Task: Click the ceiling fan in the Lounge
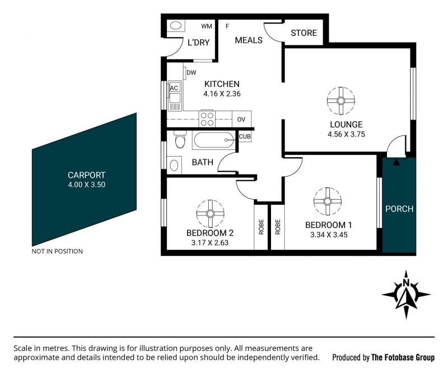click(341, 101)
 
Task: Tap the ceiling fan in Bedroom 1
click(328, 201)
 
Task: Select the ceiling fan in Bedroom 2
click(211, 214)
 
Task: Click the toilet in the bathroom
click(180, 139)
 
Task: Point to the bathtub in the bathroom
click(214, 140)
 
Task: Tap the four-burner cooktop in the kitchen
click(207, 118)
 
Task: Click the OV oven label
click(241, 120)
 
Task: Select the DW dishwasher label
click(192, 73)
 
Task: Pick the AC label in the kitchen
click(174, 88)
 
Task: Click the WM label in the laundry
click(207, 26)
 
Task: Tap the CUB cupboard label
click(245, 136)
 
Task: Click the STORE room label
click(304, 33)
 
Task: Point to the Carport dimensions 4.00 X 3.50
click(87, 185)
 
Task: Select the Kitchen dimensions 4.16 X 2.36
click(222, 94)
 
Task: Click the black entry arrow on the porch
click(396, 162)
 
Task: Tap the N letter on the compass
click(405, 283)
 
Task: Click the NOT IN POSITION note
click(57, 251)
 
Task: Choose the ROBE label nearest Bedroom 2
click(261, 227)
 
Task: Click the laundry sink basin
click(176, 25)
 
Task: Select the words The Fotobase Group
click(403, 357)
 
